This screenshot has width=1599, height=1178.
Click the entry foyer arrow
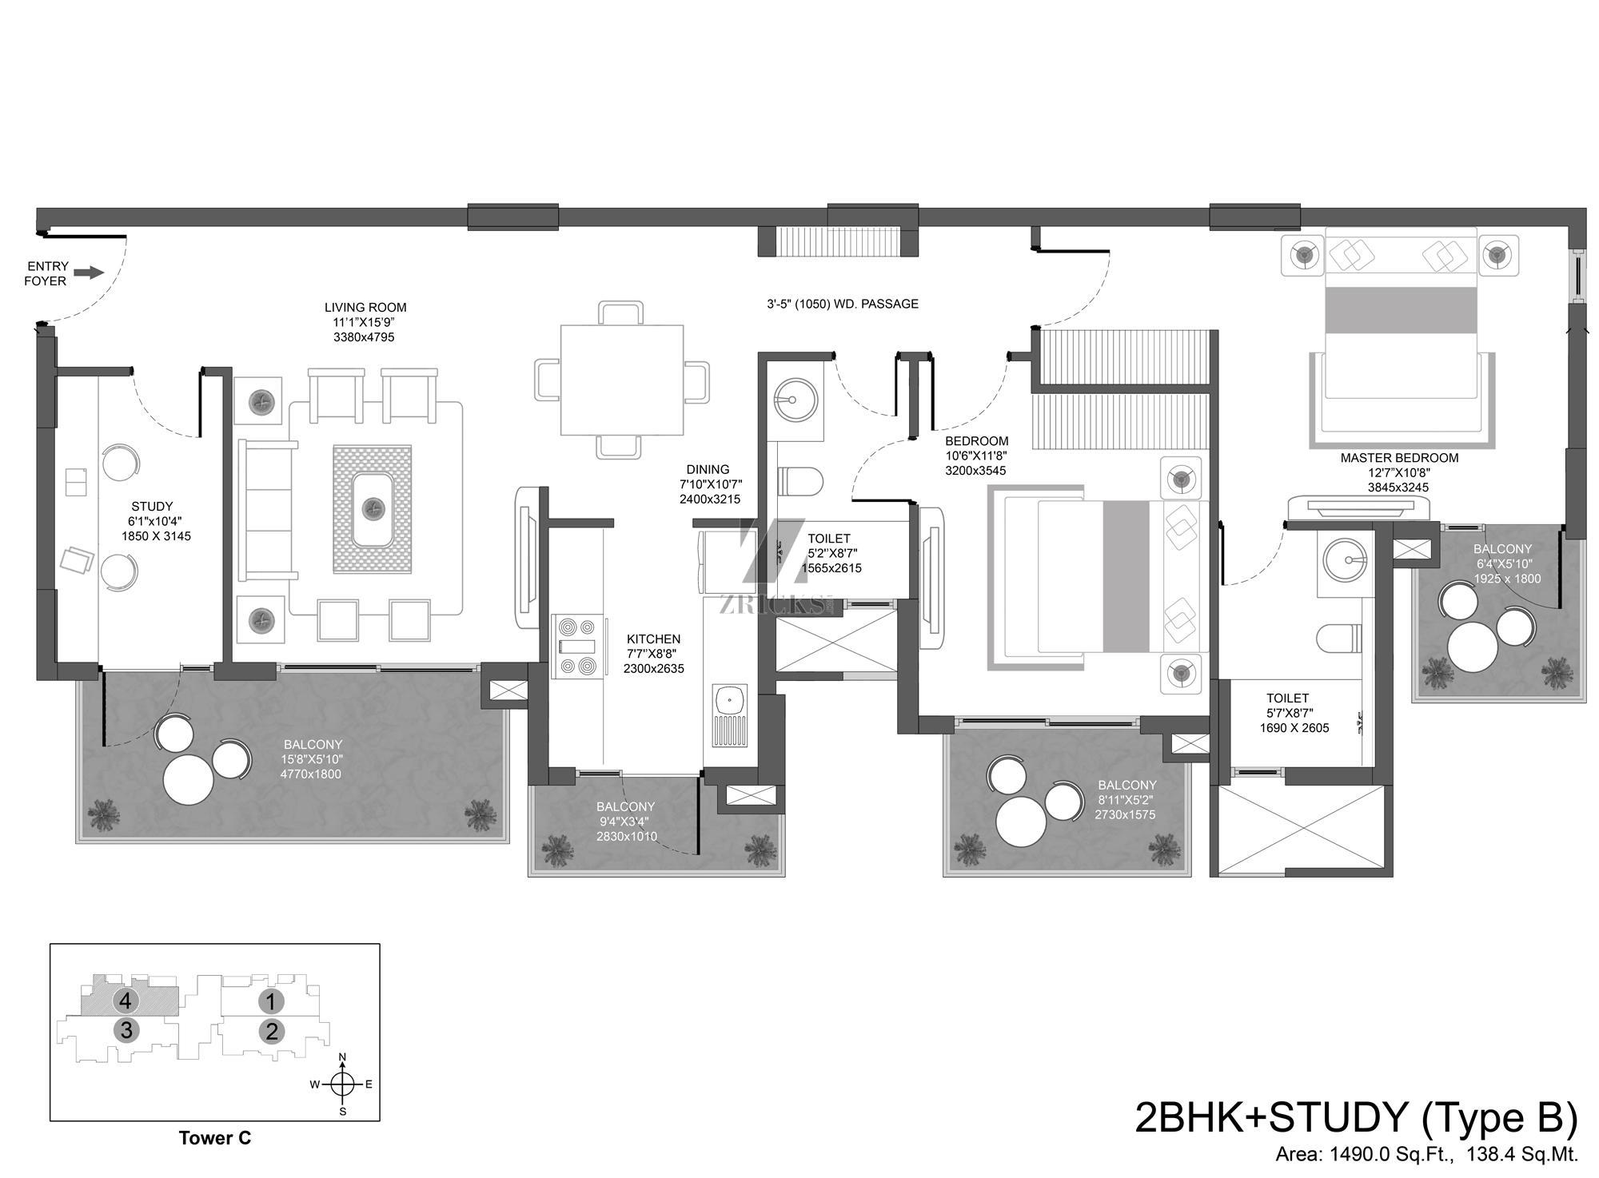[90, 273]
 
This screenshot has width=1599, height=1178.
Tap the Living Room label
[365, 308]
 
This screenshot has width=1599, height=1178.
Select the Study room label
[152, 507]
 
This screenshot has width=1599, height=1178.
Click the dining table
[622, 380]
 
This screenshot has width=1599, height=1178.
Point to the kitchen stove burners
[577, 646]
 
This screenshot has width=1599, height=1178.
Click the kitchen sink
[729, 714]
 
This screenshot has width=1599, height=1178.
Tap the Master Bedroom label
[1399, 459]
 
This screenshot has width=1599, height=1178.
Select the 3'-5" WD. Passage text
[843, 304]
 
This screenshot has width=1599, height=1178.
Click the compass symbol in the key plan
[342, 1084]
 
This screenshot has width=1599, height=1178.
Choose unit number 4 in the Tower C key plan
[124, 1000]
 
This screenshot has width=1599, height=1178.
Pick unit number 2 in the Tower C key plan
[272, 1032]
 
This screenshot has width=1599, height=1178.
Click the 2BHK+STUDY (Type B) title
[1357, 1118]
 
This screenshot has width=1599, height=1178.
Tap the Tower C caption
[215, 1139]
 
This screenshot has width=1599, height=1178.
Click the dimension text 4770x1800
[311, 774]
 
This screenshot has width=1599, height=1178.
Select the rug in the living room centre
[373, 508]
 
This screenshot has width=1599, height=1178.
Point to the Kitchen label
[653, 639]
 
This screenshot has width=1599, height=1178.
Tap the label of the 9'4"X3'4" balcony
[625, 807]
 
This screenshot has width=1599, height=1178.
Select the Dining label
[708, 470]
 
